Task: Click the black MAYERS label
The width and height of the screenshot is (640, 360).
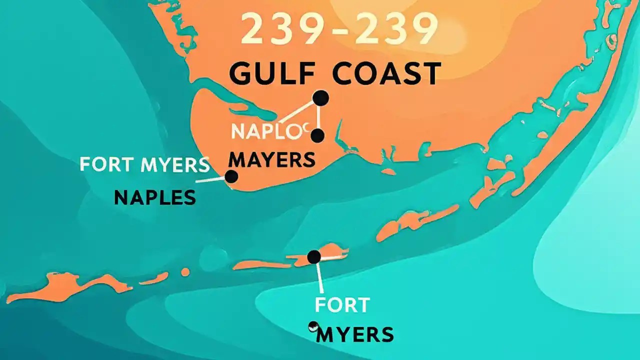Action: tap(272, 160)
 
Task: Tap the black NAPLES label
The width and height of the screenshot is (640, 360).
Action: tap(154, 198)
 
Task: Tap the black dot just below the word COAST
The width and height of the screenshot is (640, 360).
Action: tap(320, 98)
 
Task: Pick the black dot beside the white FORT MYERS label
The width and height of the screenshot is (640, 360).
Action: tap(231, 176)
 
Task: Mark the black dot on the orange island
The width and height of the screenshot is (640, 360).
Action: tap(314, 257)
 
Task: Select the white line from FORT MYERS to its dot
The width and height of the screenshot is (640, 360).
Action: tap(210, 179)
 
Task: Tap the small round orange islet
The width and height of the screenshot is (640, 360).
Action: tap(185, 272)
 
